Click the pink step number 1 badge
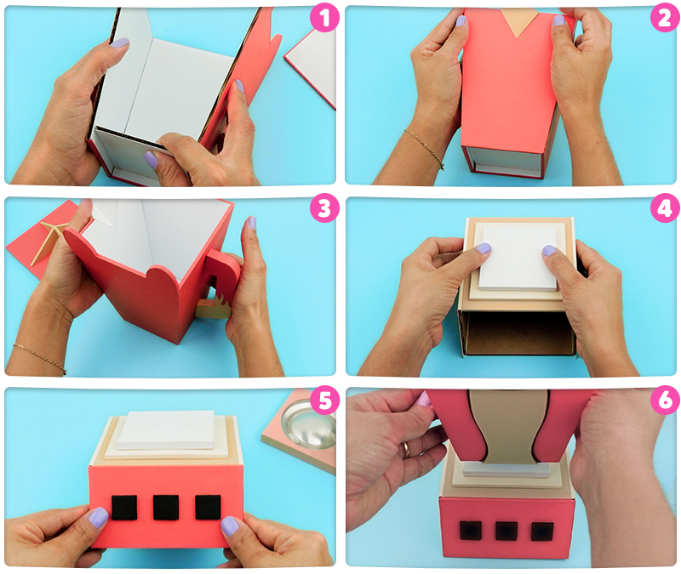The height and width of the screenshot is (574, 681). click(x=324, y=18)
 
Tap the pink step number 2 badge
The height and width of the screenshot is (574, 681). click(x=665, y=18)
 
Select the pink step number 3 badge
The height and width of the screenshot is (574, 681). click(x=324, y=208)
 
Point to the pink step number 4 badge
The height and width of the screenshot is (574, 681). click(x=665, y=208)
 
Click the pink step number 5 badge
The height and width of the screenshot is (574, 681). click(x=324, y=400)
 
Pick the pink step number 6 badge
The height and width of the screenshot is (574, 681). click(x=665, y=400)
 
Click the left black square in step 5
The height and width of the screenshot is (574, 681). click(x=124, y=508)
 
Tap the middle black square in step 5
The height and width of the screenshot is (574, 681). click(x=166, y=508)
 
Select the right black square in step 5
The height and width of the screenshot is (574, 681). click(x=208, y=508)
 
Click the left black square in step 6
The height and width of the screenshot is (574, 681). click(x=471, y=531)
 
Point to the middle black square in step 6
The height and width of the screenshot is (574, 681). click(x=506, y=531)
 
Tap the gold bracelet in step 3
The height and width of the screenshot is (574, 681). click(x=40, y=358)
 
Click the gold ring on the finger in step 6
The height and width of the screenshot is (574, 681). click(x=406, y=449)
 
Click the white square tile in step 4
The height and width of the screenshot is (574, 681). click(x=518, y=259)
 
